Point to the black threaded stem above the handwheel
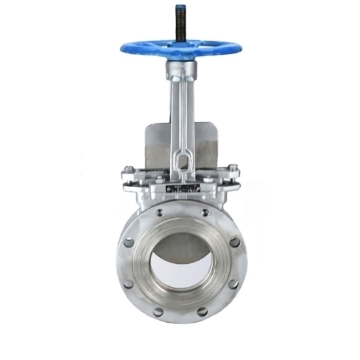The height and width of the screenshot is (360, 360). click(179, 25)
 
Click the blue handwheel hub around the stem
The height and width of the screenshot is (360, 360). click(179, 46)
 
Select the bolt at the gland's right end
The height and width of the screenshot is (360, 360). click(234, 173)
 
